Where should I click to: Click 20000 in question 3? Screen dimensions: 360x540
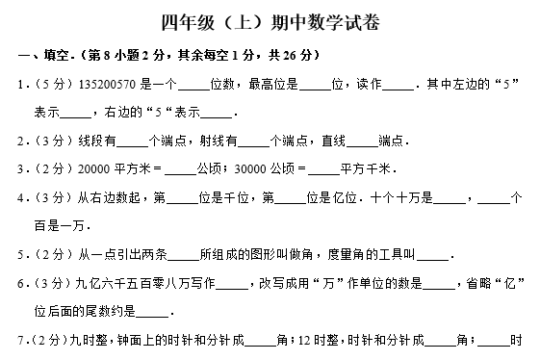point(84,170)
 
